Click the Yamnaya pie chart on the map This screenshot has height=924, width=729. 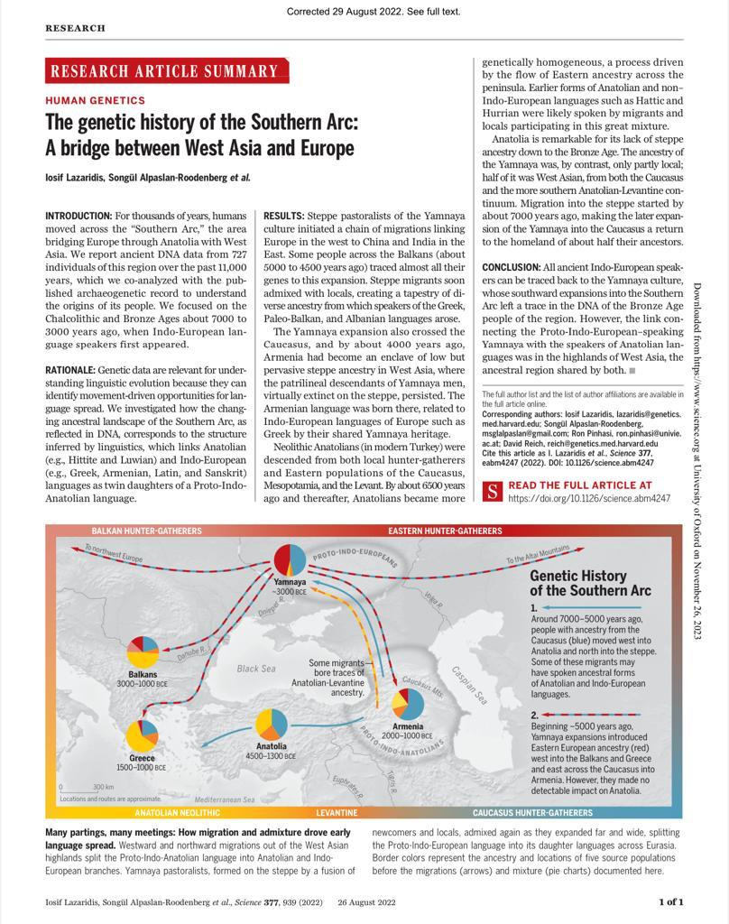tap(290, 559)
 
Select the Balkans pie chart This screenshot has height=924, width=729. tap(143, 652)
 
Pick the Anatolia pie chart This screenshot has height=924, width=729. tap(272, 724)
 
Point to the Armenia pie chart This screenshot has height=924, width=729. tap(408, 705)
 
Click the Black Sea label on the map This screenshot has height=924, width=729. tap(255, 669)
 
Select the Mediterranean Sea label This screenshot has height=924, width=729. tap(225, 799)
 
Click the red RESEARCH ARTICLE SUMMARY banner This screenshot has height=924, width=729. tap(167, 71)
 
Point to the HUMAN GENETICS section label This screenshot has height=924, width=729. tap(95, 101)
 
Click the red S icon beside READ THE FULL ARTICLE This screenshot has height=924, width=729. tap(493, 491)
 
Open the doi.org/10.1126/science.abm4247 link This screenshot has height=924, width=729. tap(589, 498)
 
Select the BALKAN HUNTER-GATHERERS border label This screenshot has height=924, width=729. tap(146, 531)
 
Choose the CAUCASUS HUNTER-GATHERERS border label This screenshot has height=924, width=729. tap(532, 813)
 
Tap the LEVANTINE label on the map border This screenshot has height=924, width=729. tap(337, 813)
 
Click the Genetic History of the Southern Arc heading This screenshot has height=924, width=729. tap(590, 583)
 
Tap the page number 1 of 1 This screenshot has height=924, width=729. tap(670, 901)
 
